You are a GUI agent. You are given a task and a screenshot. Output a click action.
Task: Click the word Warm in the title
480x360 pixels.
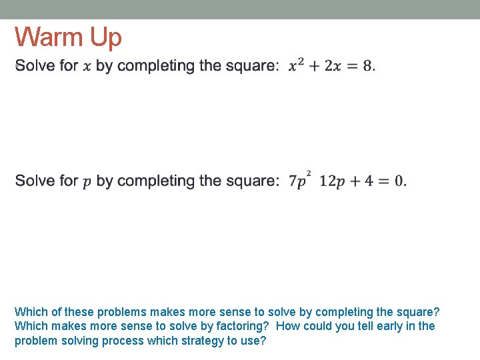(49, 37)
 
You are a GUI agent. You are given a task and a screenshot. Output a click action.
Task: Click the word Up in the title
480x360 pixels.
(106, 39)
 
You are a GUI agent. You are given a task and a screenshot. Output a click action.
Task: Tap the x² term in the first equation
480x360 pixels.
(296, 65)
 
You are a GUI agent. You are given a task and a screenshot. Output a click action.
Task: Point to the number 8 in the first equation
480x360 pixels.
(367, 66)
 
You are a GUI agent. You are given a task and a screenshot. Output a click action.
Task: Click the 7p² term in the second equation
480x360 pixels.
(299, 180)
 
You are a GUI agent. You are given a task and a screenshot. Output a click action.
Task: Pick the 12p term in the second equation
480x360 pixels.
(333, 181)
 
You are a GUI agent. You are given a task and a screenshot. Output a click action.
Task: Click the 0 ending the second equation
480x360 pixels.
(398, 181)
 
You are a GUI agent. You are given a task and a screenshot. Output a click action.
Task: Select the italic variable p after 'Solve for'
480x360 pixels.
(87, 183)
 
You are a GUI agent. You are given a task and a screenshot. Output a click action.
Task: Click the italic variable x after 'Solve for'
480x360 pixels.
(87, 67)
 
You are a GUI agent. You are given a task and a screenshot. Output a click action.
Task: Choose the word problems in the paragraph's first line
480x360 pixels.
(123, 311)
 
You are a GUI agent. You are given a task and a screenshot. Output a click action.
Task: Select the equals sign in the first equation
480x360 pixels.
(351, 66)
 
